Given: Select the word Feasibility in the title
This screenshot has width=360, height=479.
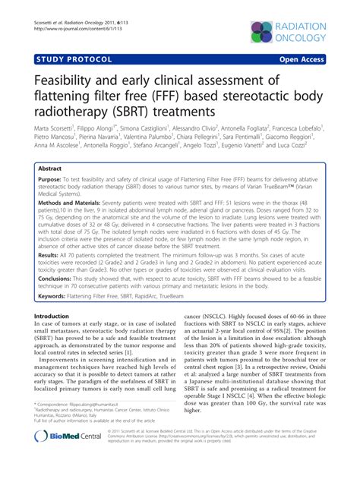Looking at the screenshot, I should pos(62,82).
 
